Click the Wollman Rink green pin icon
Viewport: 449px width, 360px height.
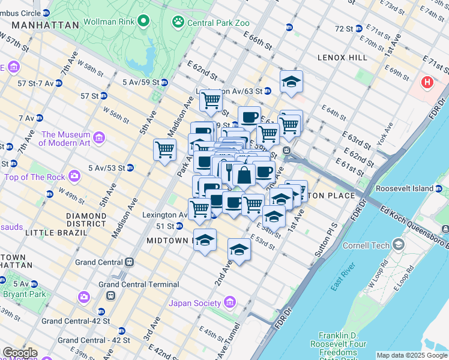pyautogui.click(x=143, y=22)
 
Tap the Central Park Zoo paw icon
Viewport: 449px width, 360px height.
pyautogui.click(x=178, y=22)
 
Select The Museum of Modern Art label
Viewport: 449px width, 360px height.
pyautogui.click(x=65, y=139)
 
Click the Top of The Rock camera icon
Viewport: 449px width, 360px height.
pyautogui.click(x=74, y=176)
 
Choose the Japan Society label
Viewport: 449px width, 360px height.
pyautogui.click(x=194, y=303)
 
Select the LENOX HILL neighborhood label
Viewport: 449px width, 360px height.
pyautogui.click(x=343, y=58)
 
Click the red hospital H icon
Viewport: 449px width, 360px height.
pyautogui.click(x=427, y=82)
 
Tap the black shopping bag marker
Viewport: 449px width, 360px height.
pyautogui.click(x=244, y=176)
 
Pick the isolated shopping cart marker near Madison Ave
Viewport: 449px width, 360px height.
pyautogui.click(x=164, y=149)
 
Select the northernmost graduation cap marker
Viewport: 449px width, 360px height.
pyautogui.click(x=291, y=81)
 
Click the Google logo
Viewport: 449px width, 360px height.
pyautogui.click(x=19, y=353)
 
